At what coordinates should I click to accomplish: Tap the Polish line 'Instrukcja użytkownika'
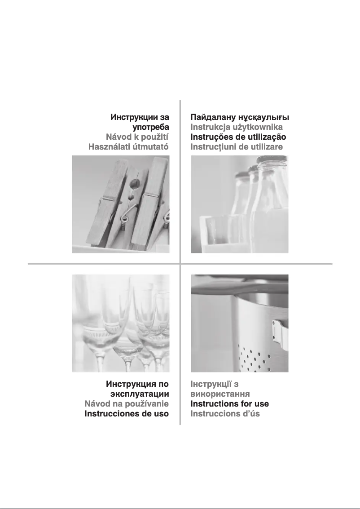[x=236, y=127]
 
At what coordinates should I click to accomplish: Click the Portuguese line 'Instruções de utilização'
[x=238, y=137]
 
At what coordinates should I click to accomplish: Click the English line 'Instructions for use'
[x=229, y=404]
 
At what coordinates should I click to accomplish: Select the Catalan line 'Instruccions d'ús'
[x=225, y=413]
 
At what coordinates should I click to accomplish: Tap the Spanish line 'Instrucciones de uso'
[x=127, y=413]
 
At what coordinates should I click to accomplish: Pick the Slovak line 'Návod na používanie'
[x=127, y=404]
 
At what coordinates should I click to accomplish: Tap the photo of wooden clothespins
[x=121, y=204]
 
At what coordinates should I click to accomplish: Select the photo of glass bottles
[x=239, y=204]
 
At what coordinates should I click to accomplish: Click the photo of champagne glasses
[x=121, y=323]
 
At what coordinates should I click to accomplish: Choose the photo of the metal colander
[x=239, y=323]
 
